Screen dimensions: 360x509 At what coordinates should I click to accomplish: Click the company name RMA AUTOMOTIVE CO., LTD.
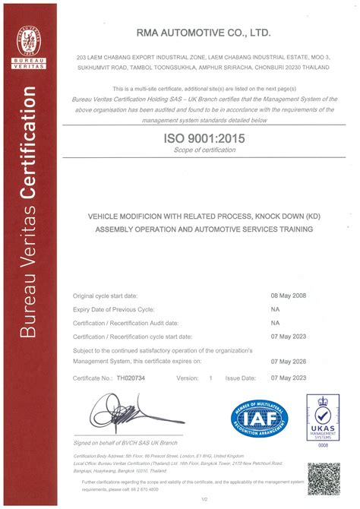(x=204, y=33)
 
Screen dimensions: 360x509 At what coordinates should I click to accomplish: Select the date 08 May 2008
(x=289, y=296)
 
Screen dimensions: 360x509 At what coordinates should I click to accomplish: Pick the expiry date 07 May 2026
(x=289, y=362)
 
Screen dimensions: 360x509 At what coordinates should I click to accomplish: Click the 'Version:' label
(x=188, y=378)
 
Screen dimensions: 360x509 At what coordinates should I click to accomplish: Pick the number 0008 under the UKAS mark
(x=323, y=447)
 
